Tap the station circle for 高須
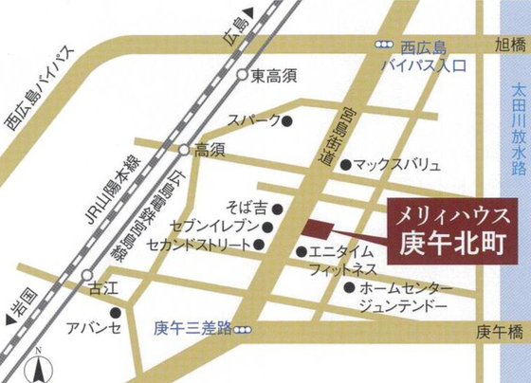coord(184,150)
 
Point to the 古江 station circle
coord(63,275)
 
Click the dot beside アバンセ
coord(116,312)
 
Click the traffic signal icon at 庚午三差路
coord(245,330)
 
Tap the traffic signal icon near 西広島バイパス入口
coord(384,45)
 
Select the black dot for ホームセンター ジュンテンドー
coord(351,286)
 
